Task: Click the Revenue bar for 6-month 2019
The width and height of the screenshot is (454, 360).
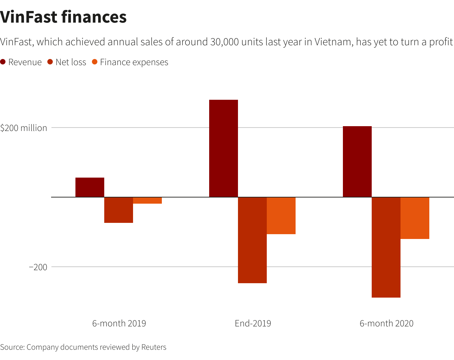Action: point(90,187)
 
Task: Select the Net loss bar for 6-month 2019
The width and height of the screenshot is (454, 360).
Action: point(119,210)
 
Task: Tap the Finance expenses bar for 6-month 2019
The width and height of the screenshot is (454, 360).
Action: point(147,201)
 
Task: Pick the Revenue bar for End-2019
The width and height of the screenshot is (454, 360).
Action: point(224,148)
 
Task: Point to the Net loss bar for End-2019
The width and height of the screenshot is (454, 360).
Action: point(252,240)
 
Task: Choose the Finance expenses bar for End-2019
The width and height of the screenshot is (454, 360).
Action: point(281,216)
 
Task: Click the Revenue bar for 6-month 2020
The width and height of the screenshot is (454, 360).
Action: point(357,161)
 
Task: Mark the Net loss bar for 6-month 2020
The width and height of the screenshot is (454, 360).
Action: point(386,247)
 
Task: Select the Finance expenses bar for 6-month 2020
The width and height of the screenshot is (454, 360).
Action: point(415,218)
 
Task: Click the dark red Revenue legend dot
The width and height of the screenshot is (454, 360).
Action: point(3,62)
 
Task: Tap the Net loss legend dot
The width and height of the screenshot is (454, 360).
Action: point(50,62)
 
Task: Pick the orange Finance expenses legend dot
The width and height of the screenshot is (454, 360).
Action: point(95,62)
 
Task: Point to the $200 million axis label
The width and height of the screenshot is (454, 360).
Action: point(24,128)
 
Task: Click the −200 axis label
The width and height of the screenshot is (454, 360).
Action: point(38,267)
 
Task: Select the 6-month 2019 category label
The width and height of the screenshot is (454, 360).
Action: point(119,323)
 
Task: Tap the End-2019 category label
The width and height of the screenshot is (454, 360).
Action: point(253,323)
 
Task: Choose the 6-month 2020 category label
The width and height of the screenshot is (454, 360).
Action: point(386,323)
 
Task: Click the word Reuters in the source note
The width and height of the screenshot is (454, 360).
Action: point(154,347)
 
